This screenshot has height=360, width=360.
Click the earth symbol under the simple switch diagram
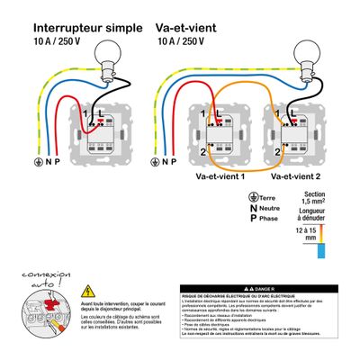click(38, 162)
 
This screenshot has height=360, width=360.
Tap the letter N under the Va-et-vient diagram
click(166, 162)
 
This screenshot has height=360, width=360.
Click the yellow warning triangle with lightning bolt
click(87, 291)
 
